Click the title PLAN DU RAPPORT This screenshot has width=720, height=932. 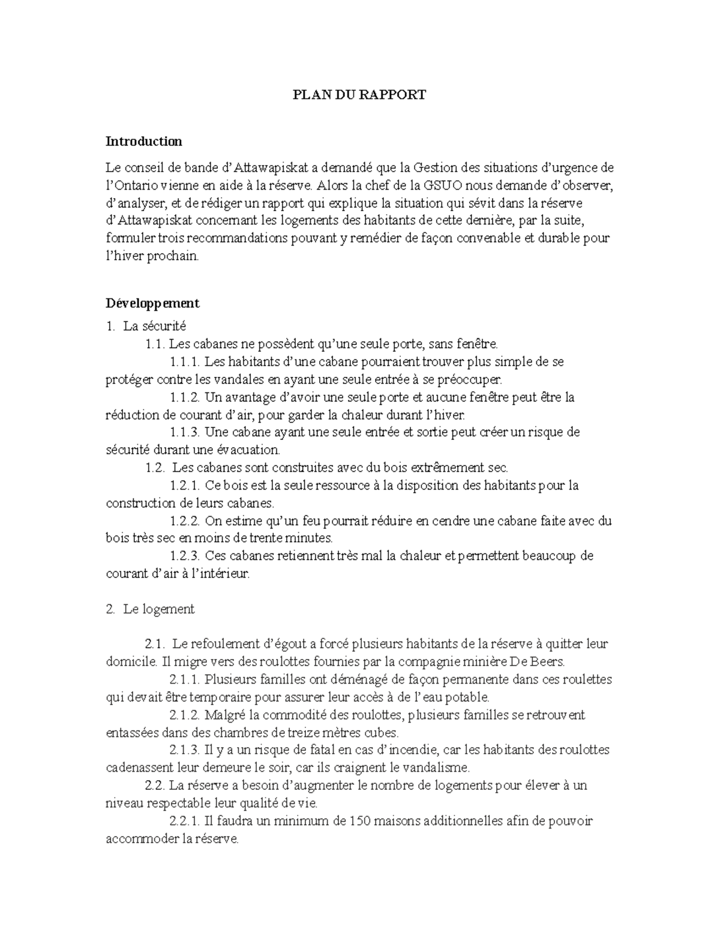359,94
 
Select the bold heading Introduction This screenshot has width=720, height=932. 143,142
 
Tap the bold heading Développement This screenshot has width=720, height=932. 152,303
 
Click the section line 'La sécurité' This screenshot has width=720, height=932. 154,326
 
